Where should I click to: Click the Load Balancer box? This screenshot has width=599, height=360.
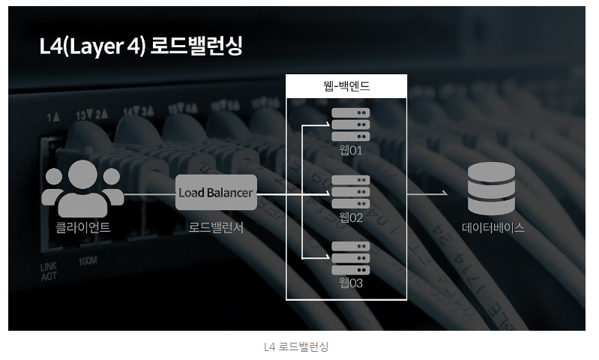216,192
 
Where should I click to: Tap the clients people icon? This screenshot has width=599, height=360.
82,188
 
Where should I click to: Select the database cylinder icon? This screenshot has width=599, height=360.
491,188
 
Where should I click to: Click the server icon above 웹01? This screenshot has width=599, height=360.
351,124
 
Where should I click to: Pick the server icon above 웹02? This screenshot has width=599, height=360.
351,192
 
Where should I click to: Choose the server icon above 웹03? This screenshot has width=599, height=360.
351,258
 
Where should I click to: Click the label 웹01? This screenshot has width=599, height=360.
351,150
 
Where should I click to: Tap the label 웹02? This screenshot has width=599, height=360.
351,217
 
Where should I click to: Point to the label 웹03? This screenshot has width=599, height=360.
351,283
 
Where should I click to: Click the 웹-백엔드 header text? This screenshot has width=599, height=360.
346,85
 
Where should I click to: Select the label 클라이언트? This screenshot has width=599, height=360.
83,227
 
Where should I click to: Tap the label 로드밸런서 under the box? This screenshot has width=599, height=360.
216,227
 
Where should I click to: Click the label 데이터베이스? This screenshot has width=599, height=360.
493,228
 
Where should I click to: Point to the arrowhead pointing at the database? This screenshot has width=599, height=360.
445,193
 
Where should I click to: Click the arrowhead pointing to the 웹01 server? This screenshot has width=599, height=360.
328,124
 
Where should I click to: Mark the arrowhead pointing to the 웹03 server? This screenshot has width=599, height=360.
328,256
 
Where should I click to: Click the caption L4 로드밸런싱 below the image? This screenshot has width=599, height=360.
296,346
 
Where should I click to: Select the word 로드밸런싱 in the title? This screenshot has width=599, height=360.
196,46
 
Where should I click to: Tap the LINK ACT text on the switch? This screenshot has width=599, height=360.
49,271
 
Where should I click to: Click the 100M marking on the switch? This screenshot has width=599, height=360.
88,261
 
